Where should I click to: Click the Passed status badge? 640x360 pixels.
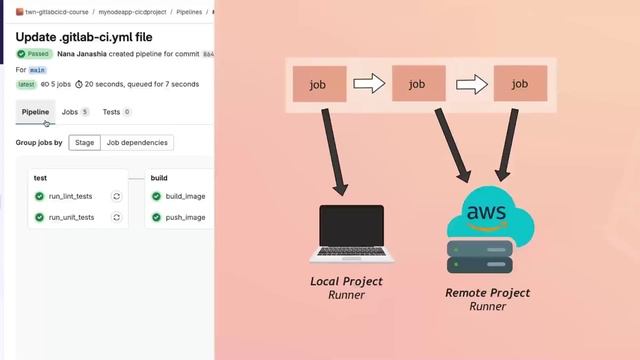35,53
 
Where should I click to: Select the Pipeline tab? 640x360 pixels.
35,112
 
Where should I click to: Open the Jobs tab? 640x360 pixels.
75,112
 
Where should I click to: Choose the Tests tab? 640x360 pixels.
116,112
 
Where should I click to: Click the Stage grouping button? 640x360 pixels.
85,143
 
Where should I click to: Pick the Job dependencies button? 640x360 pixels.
138,143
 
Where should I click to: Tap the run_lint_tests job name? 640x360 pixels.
71,196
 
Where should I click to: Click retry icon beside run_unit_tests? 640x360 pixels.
117,217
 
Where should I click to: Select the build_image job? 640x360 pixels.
185,196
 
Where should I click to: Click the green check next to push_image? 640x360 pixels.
156,217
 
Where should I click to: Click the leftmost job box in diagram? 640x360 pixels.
320,85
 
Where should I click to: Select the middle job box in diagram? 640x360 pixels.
419,85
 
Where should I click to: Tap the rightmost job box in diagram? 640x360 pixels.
519,85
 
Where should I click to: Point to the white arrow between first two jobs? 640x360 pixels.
369,85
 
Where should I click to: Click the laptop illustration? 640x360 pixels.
351,233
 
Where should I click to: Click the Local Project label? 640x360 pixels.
346,282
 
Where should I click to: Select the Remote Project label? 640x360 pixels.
487,293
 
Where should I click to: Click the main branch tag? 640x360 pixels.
38,70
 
